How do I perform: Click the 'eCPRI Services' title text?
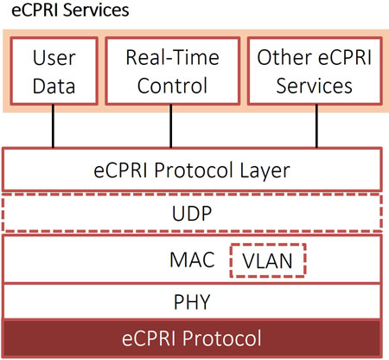point(70,10)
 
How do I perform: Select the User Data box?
point(54,71)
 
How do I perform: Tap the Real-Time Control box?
point(172,71)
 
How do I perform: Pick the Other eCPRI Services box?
point(315,71)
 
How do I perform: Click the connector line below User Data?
point(53,126)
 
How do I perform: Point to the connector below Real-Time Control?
point(171,126)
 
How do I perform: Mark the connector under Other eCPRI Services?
point(316,126)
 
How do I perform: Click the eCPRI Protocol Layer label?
point(192,170)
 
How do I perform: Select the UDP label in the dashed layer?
point(192,214)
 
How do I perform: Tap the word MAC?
point(192,260)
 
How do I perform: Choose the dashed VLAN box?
point(268,260)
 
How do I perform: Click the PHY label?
point(192,302)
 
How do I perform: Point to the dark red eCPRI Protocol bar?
point(192,337)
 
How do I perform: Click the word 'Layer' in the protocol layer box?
point(265,170)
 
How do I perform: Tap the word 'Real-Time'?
point(173,57)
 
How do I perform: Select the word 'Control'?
point(172,86)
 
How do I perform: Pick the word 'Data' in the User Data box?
point(54,86)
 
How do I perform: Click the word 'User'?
point(54,58)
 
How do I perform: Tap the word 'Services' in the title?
point(96,10)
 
